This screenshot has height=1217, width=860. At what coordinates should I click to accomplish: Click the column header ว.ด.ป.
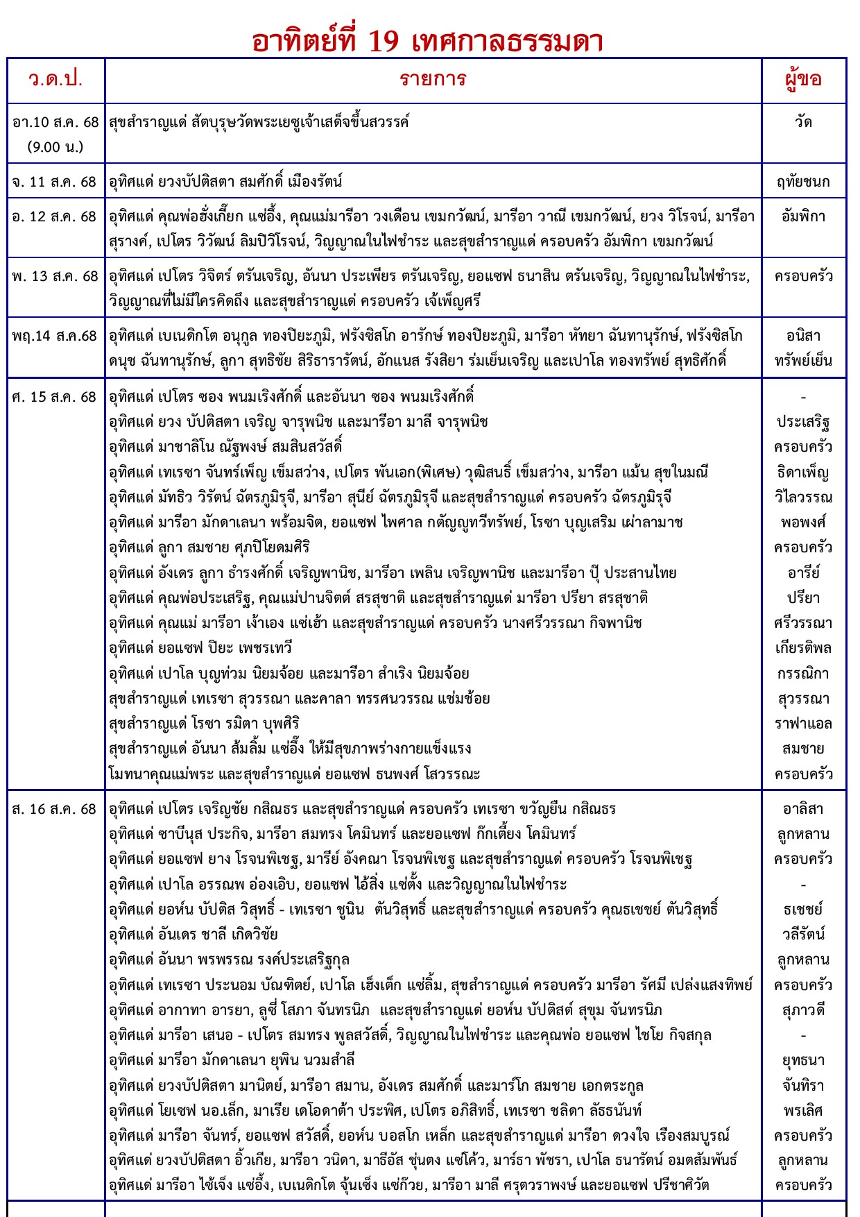(55, 79)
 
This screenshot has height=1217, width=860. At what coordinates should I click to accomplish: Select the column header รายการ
(433, 79)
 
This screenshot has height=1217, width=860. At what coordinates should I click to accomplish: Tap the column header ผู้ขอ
(803, 79)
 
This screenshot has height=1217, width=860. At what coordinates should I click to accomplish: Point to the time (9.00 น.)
(55, 147)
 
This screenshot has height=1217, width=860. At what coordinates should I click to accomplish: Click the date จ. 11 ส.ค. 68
(54, 182)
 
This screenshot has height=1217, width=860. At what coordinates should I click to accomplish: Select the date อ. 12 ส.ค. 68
(54, 216)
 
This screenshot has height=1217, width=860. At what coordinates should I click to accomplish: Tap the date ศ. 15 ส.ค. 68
(54, 397)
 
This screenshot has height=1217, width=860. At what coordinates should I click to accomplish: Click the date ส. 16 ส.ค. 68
(54, 809)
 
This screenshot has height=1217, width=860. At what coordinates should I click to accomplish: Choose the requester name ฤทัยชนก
(803, 182)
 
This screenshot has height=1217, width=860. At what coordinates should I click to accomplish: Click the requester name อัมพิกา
(803, 216)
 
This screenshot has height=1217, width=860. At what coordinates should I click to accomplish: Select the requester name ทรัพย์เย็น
(803, 361)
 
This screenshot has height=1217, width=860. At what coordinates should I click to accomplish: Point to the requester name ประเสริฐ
(803, 422)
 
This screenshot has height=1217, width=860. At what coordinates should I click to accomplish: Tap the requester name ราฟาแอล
(803, 724)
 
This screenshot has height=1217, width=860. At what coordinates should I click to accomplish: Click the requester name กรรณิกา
(803, 673)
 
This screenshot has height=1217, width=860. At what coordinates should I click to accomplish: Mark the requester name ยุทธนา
(803, 1060)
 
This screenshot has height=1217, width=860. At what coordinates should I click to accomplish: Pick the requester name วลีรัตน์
(803, 935)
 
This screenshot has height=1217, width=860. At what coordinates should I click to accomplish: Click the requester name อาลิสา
(803, 809)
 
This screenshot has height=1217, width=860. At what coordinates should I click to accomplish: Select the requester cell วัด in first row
(803, 122)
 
